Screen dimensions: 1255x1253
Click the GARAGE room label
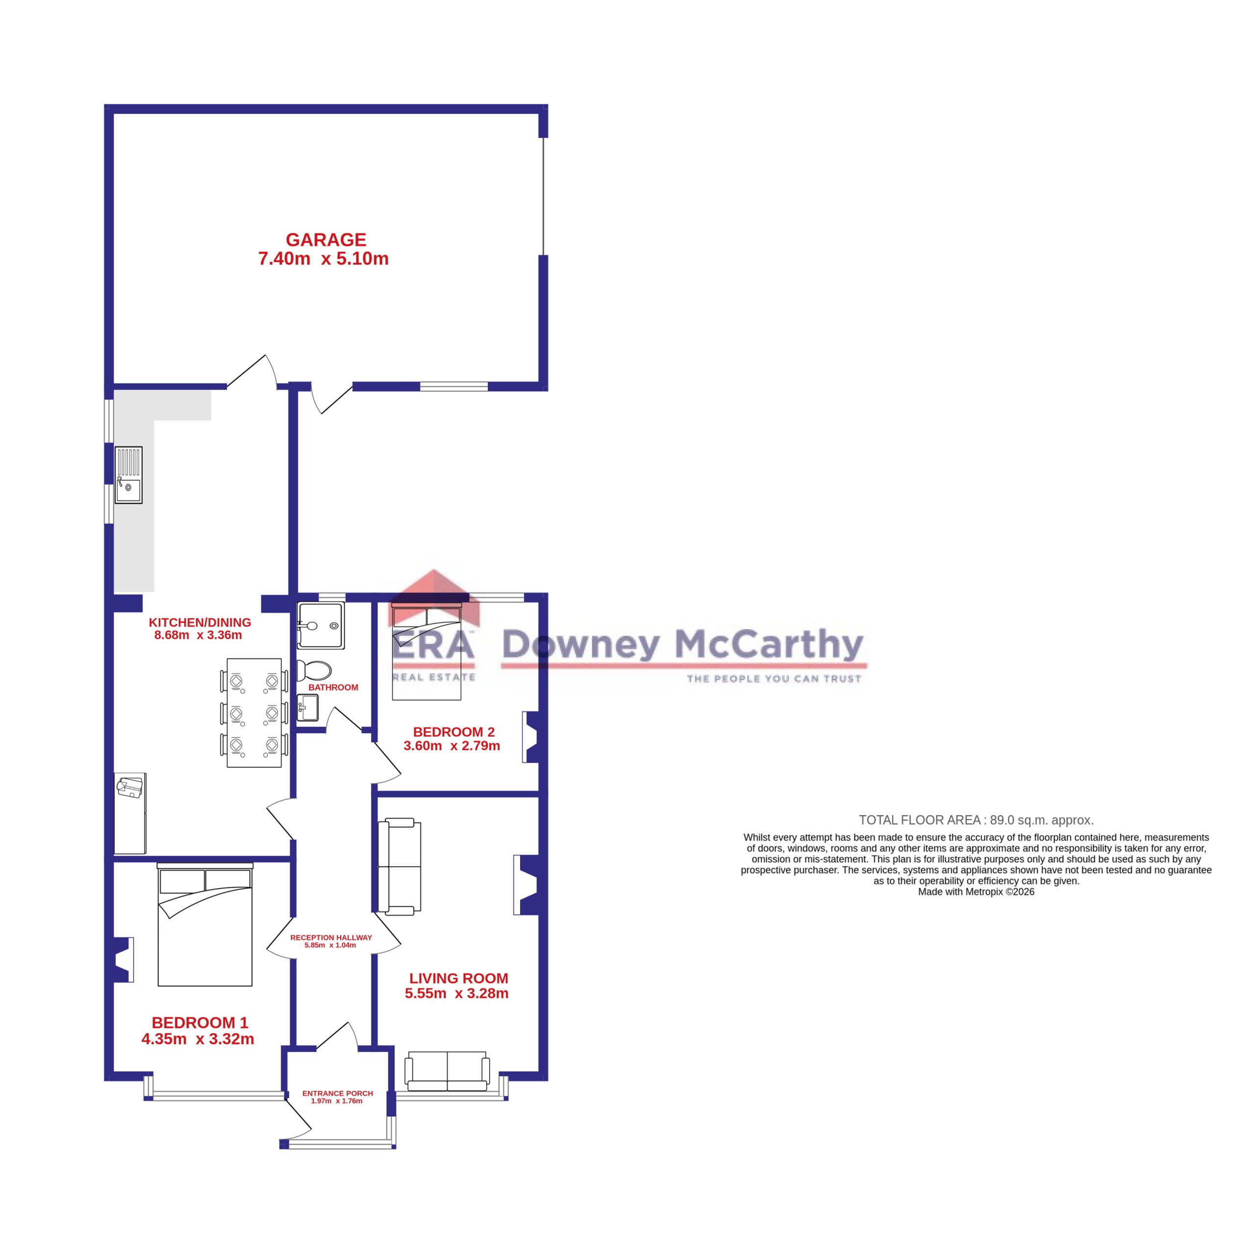(326, 240)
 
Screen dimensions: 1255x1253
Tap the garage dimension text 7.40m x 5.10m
(324, 258)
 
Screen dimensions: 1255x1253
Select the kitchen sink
(128, 475)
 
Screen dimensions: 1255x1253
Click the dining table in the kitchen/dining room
(254, 712)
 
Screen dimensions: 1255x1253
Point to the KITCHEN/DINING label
(200, 622)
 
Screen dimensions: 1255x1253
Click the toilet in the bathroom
(314, 670)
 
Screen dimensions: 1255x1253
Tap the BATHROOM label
(333, 687)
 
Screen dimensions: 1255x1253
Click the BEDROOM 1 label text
(200, 1023)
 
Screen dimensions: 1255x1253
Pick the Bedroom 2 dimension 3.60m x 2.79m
(452, 746)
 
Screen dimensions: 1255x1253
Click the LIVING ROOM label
(458, 978)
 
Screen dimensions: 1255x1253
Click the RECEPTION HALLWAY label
(330, 937)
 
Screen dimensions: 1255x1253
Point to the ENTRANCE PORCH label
(337, 1093)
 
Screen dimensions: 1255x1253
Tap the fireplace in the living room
(526, 885)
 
